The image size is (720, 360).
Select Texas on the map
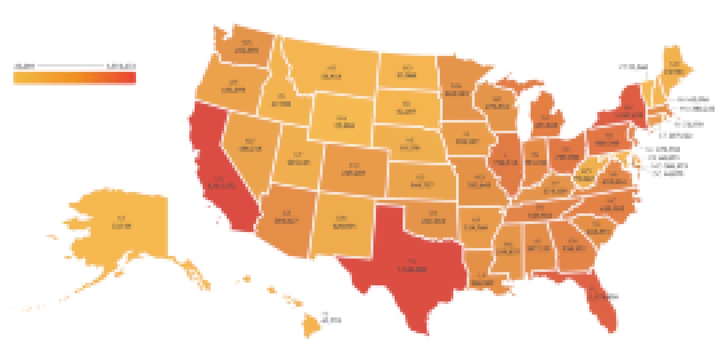tap(407, 267)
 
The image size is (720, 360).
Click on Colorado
tap(353, 170)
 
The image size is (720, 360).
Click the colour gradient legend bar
tap(74, 77)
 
